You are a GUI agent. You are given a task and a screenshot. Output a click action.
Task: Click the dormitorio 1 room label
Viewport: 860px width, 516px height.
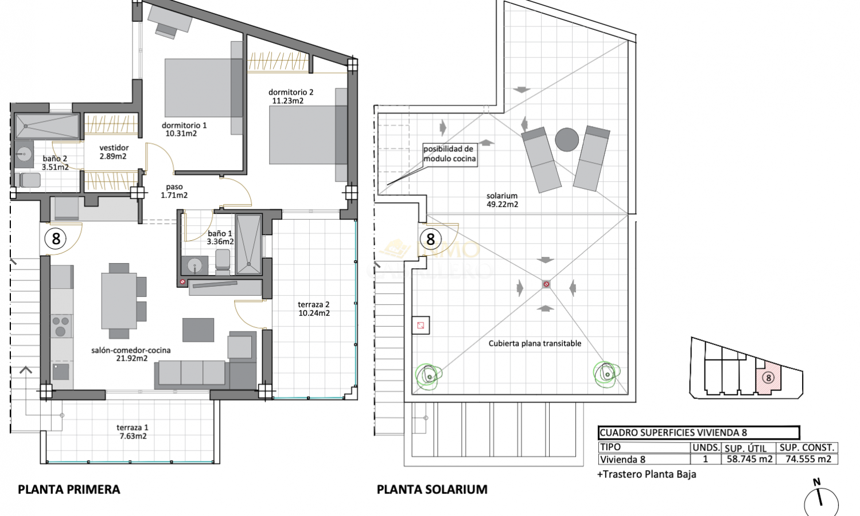pyautogui.click(x=184, y=125)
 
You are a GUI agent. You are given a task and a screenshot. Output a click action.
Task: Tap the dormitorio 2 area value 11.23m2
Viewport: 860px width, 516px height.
pyautogui.click(x=288, y=101)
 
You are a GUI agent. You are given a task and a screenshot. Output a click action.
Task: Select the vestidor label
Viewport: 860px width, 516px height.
pyautogui.click(x=114, y=148)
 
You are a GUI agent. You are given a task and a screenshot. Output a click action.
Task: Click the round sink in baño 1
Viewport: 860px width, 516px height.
pyautogui.click(x=195, y=265)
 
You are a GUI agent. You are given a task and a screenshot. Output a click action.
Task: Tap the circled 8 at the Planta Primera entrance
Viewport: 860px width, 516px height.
pyautogui.click(x=56, y=239)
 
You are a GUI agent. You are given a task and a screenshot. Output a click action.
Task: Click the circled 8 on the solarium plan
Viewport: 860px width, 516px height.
pyautogui.click(x=430, y=239)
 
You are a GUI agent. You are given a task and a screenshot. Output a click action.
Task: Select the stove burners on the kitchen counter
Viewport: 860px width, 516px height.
pyautogui.click(x=61, y=326)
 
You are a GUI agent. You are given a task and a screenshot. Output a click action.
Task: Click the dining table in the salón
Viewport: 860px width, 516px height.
pyautogui.click(x=119, y=301)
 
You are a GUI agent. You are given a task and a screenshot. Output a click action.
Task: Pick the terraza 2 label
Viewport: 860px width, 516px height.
pyautogui.click(x=314, y=304)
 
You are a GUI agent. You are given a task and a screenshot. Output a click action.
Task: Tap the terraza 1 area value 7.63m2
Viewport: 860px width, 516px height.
pyautogui.click(x=133, y=436)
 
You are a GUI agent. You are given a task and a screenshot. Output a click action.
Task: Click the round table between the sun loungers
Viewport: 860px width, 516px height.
pyautogui.click(x=567, y=140)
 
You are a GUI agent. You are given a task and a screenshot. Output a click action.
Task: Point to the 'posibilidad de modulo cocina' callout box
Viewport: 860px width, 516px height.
pyautogui.click(x=450, y=154)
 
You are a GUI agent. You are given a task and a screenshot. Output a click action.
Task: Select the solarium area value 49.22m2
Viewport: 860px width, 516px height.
pyautogui.click(x=502, y=205)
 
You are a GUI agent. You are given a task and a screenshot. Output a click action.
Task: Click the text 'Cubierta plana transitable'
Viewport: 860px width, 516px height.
pyautogui.click(x=535, y=343)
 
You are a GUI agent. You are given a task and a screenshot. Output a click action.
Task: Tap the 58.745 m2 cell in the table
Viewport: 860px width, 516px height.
pyautogui.click(x=749, y=459)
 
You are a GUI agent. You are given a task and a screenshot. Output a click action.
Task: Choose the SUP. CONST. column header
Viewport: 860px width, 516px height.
pyautogui.click(x=807, y=448)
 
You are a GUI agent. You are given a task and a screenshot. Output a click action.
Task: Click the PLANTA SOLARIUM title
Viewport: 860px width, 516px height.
pyautogui.click(x=432, y=490)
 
